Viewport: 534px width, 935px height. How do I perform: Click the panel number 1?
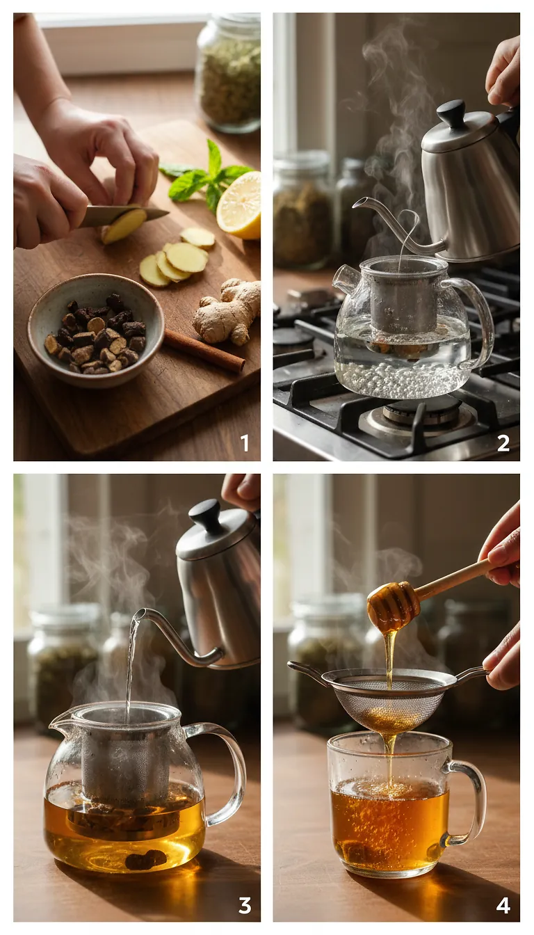click(244, 443)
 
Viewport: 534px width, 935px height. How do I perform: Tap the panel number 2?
click(503, 443)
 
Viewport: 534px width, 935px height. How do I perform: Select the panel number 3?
click(244, 904)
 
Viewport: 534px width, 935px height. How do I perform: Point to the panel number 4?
click(503, 904)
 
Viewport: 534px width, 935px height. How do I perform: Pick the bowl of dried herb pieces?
click(96, 330)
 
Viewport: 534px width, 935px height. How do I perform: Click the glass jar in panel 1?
click(229, 73)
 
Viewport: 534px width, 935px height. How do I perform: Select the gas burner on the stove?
click(417, 417)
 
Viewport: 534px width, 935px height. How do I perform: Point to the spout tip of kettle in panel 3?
click(138, 615)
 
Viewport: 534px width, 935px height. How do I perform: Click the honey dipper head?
click(394, 605)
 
